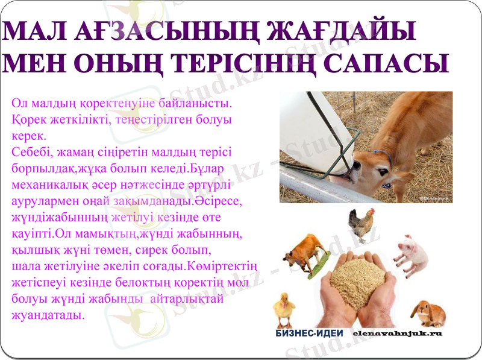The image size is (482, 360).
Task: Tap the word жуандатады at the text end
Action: click(x=48, y=314)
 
